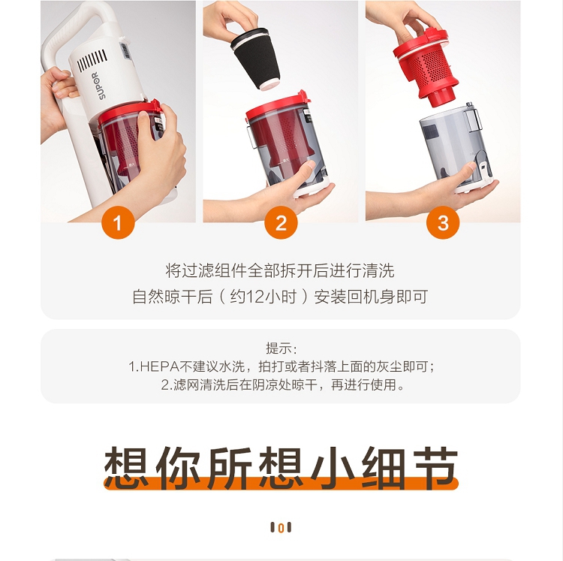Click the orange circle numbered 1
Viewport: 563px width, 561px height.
click(x=118, y=223)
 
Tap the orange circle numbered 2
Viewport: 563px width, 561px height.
click(x=281, y=223)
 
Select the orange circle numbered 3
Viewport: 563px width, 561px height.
click(x=443, y=223)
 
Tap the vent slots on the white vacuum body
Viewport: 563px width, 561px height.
click(x=92, y=60)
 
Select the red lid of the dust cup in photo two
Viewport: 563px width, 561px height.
click(x=278, y=106)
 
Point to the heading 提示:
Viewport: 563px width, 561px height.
click(x=281, y=348)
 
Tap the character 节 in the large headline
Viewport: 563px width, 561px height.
click(x=436, y=468)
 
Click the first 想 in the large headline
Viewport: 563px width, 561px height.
click(x=126, y=468)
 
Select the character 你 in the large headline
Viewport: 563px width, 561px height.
click(x=178, y=468)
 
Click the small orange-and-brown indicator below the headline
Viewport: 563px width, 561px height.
click(x=281, y=527)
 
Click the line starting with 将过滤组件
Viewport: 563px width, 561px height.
click(x=280, y=270)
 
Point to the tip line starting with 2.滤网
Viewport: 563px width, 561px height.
click(x=282, y=385)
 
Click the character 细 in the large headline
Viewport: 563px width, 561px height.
click(x=384, y=468)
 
